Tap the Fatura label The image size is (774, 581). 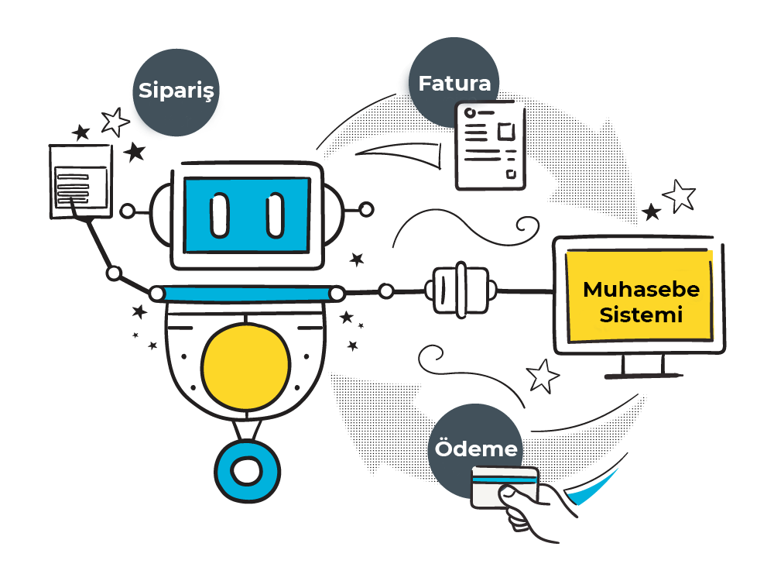pos(454,83)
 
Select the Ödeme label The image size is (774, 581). pos(476,449)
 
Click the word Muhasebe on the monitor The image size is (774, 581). pos(641,290)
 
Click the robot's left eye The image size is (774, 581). pos(220,215)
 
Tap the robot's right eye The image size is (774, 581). pos(275,215)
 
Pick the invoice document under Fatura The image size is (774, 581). pos(489,146)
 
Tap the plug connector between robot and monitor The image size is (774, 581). pos(461,291)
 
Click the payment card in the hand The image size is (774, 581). pos(503,483)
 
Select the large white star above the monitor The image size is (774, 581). pos(680,195)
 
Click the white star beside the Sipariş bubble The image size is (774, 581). pos(116,121)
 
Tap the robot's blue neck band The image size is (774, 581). pos(247,293)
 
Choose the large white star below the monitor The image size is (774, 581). pos(543,376)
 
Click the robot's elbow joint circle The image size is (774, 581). pos(115,273)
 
